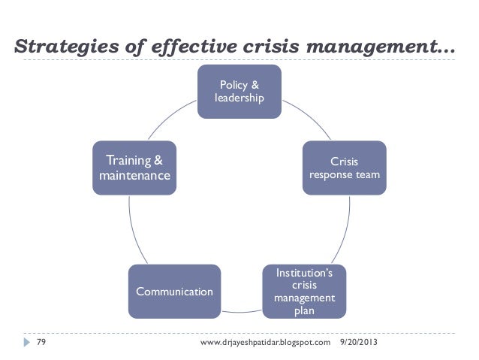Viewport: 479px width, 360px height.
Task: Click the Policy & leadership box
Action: point(239,91)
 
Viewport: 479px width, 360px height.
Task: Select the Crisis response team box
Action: point(345,168)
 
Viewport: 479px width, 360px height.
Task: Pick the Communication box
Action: point(174,291)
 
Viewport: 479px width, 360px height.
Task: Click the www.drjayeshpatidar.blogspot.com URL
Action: point(266,343)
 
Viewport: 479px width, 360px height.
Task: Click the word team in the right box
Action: point(368,176)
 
